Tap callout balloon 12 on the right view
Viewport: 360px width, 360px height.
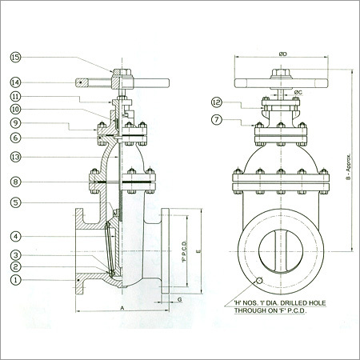(217, 102)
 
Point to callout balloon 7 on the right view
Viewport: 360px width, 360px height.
(217, 119)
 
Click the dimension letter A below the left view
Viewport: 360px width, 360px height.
(119, 307)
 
